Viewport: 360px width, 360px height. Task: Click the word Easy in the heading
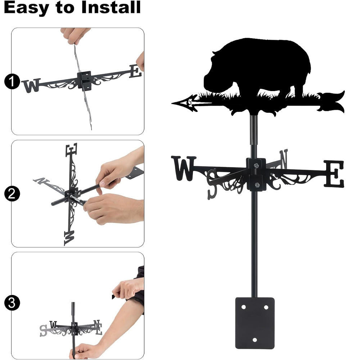(x=26, y=8)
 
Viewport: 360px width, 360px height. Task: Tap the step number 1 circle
(x=12, y=81)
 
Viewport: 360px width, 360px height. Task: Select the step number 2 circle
(x=12, y=194)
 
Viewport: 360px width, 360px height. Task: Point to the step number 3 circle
(x=12, y=303)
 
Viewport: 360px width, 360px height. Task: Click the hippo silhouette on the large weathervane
(x=257, y=69)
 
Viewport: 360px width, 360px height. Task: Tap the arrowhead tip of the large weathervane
(x=172, y=103)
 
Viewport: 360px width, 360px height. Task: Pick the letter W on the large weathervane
(x=184, y=168)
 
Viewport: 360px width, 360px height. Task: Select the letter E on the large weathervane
(x=334, y=174)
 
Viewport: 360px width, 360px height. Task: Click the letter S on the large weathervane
(x=212, y=184)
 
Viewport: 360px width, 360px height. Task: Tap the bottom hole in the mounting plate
(x=255, y=340)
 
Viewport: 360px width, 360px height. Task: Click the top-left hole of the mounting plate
(x=243, y=307)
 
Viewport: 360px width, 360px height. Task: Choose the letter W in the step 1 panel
(x=31, y=86)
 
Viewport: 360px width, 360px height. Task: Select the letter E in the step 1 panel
(x=135, y=71)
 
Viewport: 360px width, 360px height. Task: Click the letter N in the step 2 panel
(x=41, y=181)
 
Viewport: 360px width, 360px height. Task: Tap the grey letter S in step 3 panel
(x=43, y=330)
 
